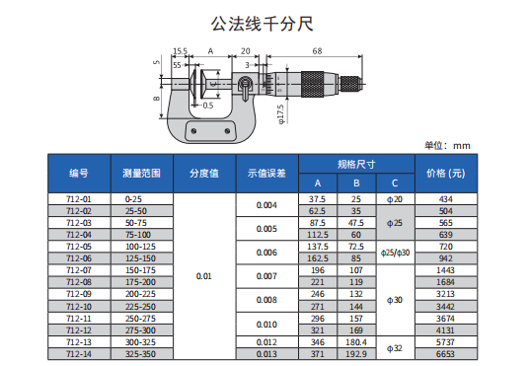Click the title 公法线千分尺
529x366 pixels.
(263, 24)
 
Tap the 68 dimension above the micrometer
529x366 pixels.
(317, 51)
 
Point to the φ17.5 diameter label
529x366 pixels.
(280, 114)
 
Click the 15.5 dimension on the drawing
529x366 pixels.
(181, 51)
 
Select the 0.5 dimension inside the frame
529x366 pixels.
(208, 106)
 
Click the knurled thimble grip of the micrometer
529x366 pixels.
(313, 84)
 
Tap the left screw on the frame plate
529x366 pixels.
(194, 131)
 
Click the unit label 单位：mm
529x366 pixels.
(447, 146)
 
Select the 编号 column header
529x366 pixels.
(79, 174)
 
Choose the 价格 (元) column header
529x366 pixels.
(446, 174)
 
